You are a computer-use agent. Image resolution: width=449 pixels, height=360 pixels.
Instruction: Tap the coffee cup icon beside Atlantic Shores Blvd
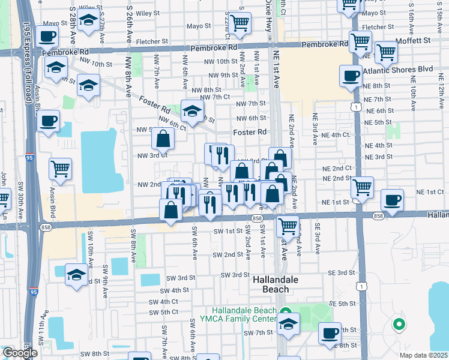[351, 76]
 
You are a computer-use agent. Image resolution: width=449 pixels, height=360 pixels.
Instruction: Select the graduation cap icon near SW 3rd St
[76, 275]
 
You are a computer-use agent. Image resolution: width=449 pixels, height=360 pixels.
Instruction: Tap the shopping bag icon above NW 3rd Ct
[163, 139]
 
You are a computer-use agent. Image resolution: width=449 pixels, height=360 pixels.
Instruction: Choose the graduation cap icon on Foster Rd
[192, 110]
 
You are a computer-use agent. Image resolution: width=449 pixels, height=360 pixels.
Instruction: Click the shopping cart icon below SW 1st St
[288, 226]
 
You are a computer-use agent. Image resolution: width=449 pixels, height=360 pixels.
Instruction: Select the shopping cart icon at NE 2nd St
[362, 187]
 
